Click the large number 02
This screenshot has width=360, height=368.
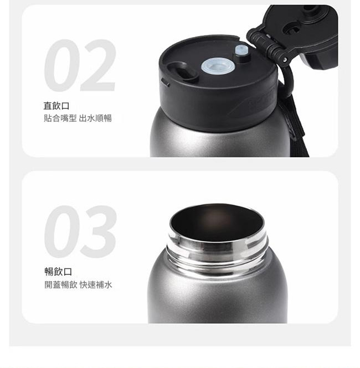coord(80,65)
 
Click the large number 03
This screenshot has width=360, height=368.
coord(80,232)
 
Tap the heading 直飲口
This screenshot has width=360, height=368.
coord(56,106)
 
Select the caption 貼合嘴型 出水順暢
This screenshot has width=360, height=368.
coord(78,118)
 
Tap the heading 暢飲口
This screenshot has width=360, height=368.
coord(58,272)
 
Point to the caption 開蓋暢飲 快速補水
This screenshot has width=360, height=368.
coord(78,284)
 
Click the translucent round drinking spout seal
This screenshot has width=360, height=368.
coord(218,66)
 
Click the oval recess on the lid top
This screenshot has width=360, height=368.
coord(183,71)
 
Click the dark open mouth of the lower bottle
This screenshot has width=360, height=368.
coord(217,222)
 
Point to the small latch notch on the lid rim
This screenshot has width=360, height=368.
coord(165,82)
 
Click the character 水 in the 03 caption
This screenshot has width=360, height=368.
coord(108,284)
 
